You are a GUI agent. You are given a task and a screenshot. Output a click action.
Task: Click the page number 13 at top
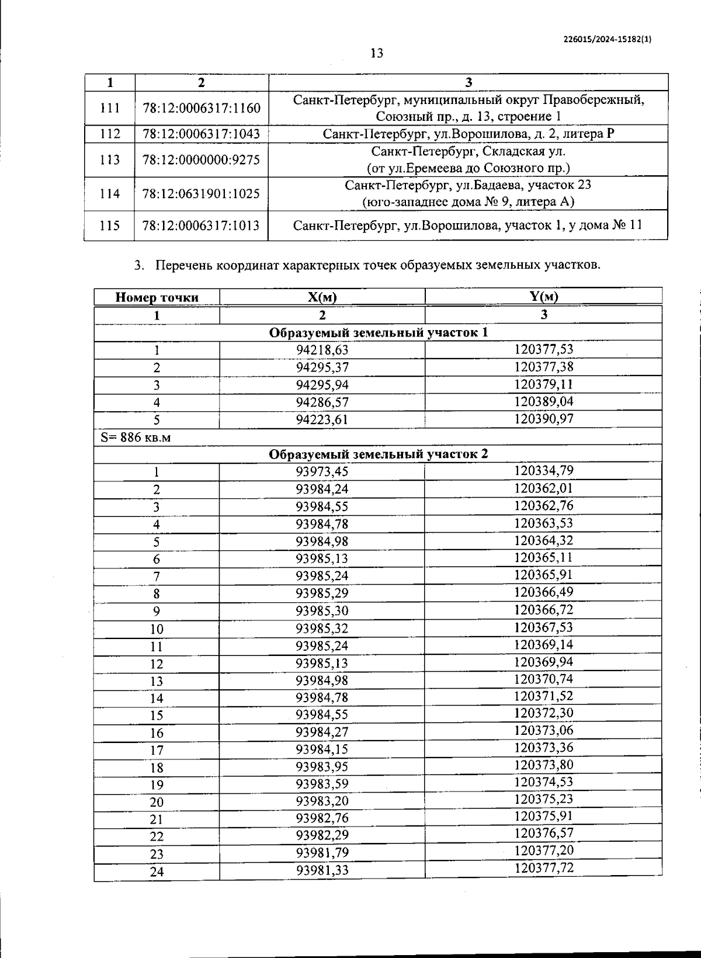tap(377, 53)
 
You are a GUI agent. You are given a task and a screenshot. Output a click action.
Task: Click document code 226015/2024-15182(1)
tap(607, 39)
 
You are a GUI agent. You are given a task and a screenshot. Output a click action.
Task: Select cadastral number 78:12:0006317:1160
tap(201, 108)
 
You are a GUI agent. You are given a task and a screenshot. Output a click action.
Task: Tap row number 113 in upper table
tap(110, 159)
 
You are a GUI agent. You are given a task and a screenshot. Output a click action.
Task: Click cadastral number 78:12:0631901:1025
tap(201, 193)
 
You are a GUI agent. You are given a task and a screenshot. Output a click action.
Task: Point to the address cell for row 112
tap(468, 134)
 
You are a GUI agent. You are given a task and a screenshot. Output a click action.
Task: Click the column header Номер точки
tap(157, 297)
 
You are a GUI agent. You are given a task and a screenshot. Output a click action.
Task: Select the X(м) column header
tap(322, 297)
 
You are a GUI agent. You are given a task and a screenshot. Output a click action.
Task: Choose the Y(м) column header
tap(543, 296)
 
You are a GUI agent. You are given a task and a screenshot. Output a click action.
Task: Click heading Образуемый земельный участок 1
tap(378, 332)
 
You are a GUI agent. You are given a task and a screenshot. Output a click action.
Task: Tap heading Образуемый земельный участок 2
tap(378, 454)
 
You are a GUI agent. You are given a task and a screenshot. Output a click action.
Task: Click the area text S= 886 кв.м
tap(136, 437)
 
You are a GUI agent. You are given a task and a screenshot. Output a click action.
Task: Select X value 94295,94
tap(322, 385)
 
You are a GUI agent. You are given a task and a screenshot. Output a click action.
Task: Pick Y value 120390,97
tap(543, 418)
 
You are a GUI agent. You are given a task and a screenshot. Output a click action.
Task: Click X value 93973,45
tap(322, 471)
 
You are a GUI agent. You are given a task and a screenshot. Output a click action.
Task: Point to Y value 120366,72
tap(543, 610)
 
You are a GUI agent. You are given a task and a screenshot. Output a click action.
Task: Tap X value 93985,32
tap(322, 629)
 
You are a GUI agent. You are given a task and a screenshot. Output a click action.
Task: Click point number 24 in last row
tap(157, 872)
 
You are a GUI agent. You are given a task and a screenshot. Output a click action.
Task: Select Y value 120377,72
tap(543, 867)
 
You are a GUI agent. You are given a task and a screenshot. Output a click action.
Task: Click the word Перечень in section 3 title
tap(183, 265)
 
